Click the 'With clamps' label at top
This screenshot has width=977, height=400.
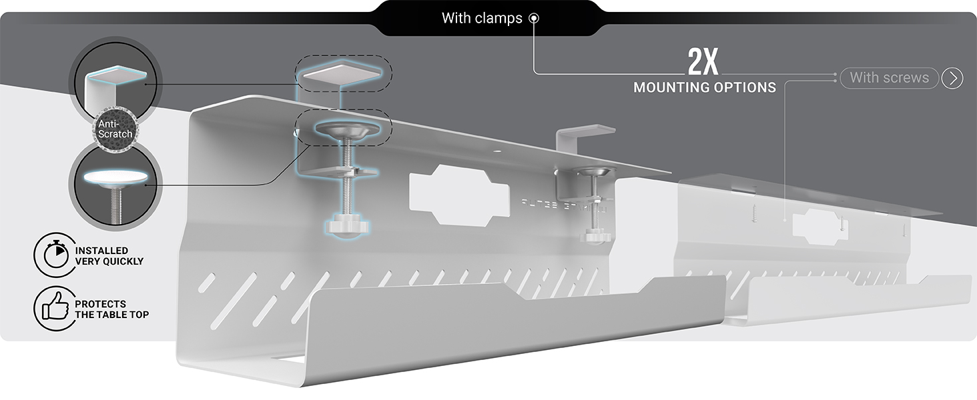coord(482,18)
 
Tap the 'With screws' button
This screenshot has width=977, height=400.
coord(889,77)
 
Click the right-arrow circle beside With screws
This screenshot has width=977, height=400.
coord(952,78)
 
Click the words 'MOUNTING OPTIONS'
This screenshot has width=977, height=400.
coord(704,87)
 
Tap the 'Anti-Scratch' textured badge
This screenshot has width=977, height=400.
coord(115,129)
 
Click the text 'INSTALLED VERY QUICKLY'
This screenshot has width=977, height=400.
coord(108,256)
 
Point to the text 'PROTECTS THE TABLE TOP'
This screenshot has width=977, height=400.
coord(111,309)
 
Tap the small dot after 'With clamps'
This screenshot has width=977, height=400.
coord(533,19)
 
